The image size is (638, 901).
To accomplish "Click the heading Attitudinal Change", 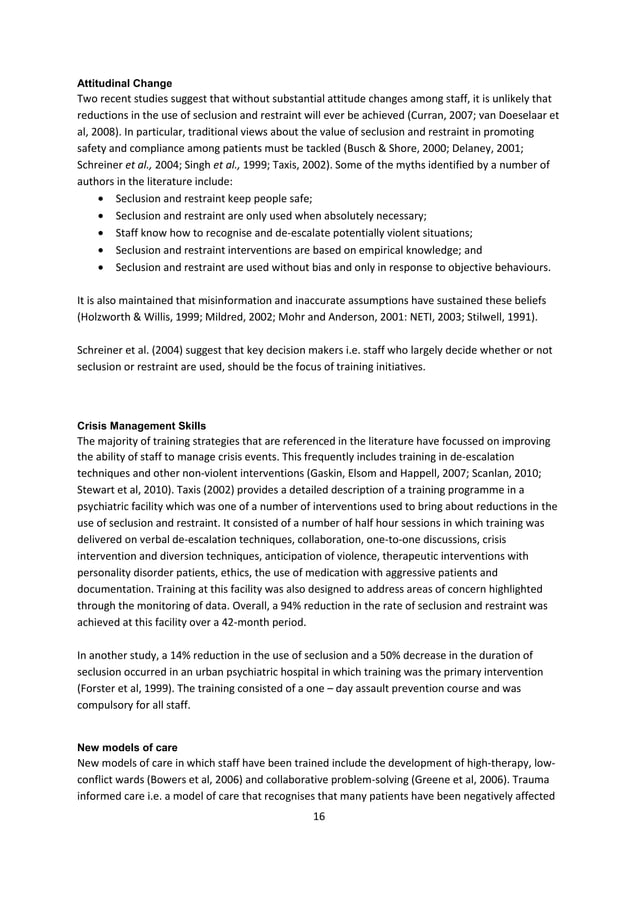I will [x=124, y=82].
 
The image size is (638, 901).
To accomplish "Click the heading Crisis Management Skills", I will [x=141, y=426].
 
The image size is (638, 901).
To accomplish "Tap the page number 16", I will [x=319, y=817].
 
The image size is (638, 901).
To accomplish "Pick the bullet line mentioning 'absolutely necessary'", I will [x=271, y=215].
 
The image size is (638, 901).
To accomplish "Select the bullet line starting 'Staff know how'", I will [x=286, y=233].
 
